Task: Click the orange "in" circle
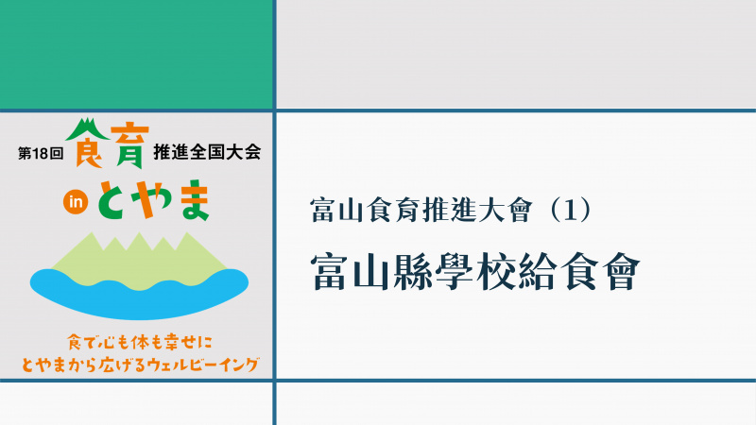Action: coord(76,202)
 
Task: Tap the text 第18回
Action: coord(41,153)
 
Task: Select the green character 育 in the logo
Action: coord(128,147)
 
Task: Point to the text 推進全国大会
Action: coord(207,152)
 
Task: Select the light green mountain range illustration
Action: coord(139,261)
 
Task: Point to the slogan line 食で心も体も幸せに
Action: coord(139,343)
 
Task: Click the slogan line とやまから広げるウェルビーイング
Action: coord(140,365)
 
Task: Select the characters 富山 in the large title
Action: coord(351,272)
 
